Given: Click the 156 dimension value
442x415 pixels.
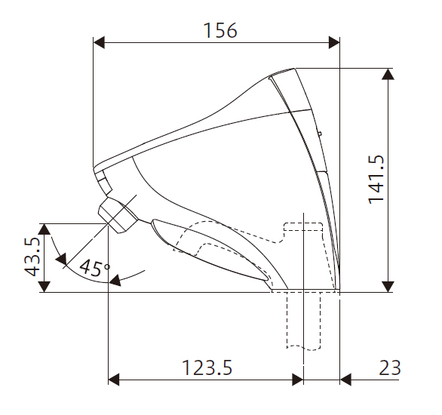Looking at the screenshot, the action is tap(220, 30).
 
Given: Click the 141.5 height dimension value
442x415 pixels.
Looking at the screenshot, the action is tap(376, 180).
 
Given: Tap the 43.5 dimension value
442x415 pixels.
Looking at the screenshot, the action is tap(32, 257).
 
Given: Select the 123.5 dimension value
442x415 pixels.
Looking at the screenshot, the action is tap(207, 367).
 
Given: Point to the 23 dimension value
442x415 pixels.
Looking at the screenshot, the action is tap(390, 367).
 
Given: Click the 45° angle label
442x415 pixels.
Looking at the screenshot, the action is tap(94, 268).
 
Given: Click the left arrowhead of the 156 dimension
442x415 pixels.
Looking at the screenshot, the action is tap(99, 42).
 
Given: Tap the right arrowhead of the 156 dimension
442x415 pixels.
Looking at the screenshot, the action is tap(334, 42).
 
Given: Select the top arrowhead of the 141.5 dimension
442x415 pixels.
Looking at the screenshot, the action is tap(388, 74).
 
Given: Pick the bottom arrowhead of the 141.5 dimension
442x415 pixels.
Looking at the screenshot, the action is tap(388, 287).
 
